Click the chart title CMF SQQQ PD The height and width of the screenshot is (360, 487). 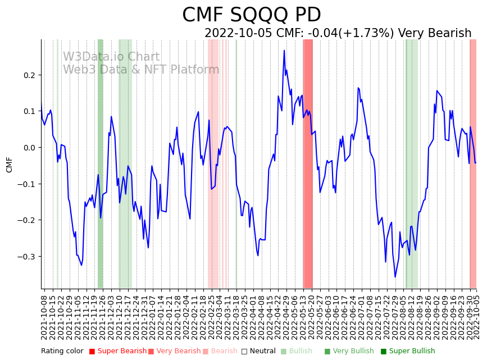click(252, 15)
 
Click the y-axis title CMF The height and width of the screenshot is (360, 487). click(9, 165)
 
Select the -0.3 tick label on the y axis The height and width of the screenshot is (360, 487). click(26, 257)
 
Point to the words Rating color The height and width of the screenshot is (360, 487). click(62, 352)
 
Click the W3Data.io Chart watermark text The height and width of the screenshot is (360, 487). click(111, 57)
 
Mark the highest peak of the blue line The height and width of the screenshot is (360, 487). click(284, 51)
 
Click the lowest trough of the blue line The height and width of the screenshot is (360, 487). click(395, 277)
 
